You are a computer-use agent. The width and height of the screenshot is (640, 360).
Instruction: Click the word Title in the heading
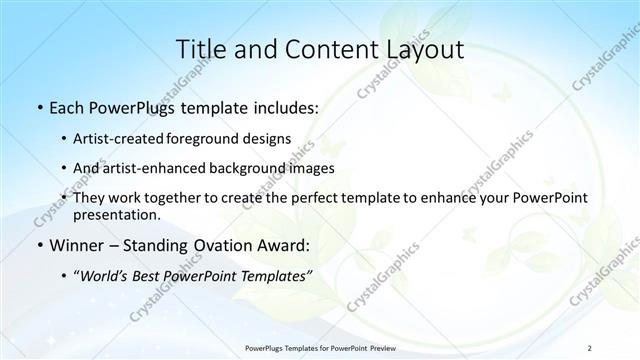[198, 50]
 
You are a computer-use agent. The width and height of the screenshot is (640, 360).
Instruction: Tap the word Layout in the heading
[420, 50]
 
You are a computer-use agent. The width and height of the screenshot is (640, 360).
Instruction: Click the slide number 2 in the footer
[590, 346]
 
